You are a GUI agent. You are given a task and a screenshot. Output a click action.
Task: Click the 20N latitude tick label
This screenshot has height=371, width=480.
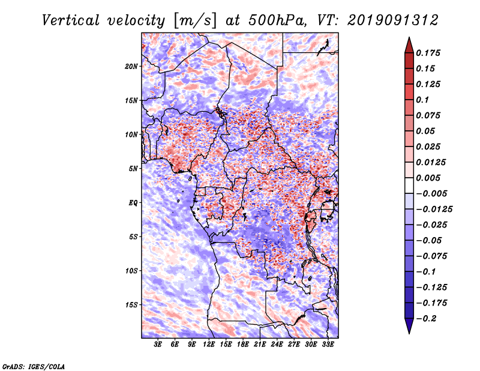tap(131, 66)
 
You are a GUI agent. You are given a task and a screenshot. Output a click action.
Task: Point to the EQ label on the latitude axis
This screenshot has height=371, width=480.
tap(133, 202)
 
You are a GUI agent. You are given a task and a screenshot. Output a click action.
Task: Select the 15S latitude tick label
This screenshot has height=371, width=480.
tap(131, 304)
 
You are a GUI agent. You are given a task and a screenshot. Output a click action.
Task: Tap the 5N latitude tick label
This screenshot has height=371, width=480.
tap(133, 168)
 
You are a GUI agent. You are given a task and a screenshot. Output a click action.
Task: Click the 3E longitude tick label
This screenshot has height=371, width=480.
tap(158, 345)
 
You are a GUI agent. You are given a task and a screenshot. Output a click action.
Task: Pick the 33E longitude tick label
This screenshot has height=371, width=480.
tap(328, 345)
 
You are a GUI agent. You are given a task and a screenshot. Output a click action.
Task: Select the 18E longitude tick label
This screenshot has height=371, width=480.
tap(243, 345)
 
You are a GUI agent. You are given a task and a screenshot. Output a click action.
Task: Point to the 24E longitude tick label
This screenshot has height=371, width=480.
tap(277, 345)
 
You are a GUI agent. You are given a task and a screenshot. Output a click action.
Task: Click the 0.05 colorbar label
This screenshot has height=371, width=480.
tap(427, 131)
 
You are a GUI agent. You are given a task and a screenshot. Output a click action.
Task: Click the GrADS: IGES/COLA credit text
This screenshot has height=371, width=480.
tap(33, 366)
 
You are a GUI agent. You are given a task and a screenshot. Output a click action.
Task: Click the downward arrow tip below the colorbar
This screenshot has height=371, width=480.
tap(409, 331)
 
